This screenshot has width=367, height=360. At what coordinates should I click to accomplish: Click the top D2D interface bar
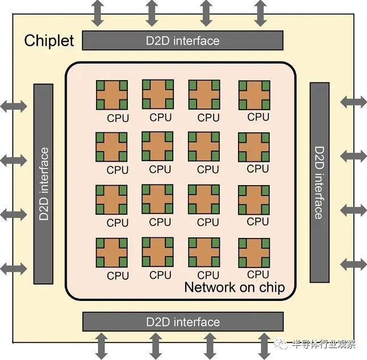click(x=182, y=40)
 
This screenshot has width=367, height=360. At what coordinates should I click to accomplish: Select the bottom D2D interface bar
click(x=182, y=322)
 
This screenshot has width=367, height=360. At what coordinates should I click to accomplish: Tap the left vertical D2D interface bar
click(x=44, y=183)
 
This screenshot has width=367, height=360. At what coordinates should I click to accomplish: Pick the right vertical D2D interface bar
click(x=319, y=182)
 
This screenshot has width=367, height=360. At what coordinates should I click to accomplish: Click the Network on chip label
click(x=234, y=287)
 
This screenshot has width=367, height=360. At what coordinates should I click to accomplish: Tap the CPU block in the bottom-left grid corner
click(x=112, y=253)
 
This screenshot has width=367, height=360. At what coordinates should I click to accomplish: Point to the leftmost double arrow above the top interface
click(x=99, y=13)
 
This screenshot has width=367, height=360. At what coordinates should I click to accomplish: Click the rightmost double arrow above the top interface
click(x=260, y=13)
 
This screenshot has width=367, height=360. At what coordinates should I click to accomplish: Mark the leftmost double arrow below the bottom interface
click(x=101, y=345)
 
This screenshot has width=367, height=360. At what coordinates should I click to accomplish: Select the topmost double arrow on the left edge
click(x=14, y=106)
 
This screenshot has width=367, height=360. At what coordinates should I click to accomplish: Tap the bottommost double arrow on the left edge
click(x=14, y=267)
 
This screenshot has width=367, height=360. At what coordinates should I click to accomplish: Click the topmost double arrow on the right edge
click(x=353, y=102)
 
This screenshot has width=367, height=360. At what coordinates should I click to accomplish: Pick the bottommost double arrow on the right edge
click(x=353, y=263)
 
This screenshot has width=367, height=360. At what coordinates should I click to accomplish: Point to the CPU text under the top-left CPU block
click(x=118, y=119)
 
